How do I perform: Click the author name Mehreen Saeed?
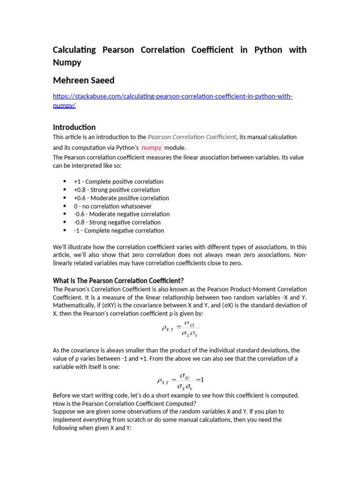[x=83, y=80]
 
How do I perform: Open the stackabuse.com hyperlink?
[x=172, y=97]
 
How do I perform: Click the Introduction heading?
[x=74, y=127]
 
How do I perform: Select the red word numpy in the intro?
[x=151, y=148]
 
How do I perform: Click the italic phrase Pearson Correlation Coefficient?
[x=192, y=137]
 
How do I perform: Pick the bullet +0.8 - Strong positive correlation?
[x=117, y=190]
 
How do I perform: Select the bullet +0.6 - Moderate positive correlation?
[x=121, y=198]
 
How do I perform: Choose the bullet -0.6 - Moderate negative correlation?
[x=122, y=214]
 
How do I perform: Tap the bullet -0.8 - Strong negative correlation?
[x=117, y=222]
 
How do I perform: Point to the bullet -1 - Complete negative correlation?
[x=119, y=231]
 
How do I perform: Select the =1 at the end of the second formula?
[x=200, y=379]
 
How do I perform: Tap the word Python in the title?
[x=268, y=50]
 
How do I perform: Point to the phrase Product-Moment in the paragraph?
[x=252, y=289]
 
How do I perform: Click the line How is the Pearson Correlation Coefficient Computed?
[x=125, y=404]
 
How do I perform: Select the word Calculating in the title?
[x=74, y=50]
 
